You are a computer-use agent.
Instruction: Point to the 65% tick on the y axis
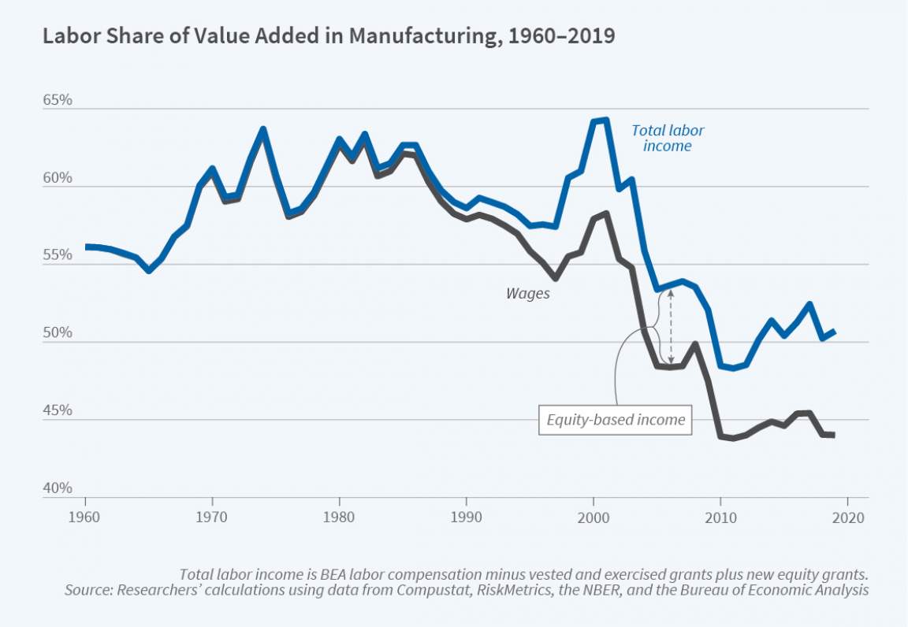[58, 102]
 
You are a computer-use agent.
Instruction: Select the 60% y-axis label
[58, 179]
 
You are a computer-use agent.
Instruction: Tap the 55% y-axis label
[58, 256]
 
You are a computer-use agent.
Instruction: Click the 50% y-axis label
[58, 334]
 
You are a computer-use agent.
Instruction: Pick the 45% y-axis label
[58, 411]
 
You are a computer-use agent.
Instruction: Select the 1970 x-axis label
[213, 519]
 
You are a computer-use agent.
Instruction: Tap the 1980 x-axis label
[340, 519]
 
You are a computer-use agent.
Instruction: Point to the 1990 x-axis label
[467, 519]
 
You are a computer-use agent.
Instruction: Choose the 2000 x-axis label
[594, 519]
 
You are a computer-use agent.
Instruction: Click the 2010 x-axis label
[720, 519]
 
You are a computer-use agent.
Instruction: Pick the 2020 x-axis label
[847, 519]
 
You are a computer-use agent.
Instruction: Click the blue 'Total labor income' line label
[668, 138]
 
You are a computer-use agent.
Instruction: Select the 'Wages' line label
[527, 293]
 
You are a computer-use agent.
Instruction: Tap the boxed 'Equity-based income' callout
[616, 420]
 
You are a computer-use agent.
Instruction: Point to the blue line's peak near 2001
[604, 120]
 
